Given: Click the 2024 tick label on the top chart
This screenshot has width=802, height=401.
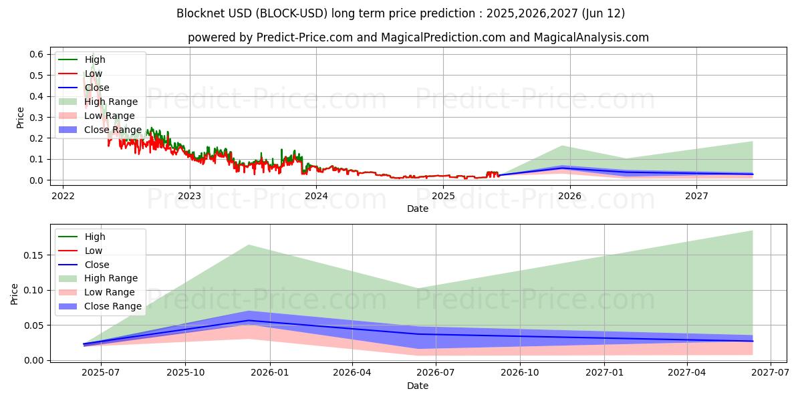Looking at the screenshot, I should pyautogui.click(x=316, y=196).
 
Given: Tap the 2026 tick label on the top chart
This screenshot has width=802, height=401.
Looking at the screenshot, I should pyautogui.click(x=569, y=196).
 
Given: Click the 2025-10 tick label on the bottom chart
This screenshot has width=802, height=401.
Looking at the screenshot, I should pyautogui.click(x=185, y=373).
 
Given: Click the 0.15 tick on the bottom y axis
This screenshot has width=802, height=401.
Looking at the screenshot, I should pyautogui.click(x=34, y=255).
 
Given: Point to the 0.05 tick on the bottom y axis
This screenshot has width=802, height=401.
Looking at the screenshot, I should pyautogui.click(x=34, y=325).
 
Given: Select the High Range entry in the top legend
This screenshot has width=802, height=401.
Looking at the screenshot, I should pyautogui.click(x=111, y=102).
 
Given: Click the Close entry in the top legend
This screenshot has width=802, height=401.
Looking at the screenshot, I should pyautogui.click(x=97, y=88).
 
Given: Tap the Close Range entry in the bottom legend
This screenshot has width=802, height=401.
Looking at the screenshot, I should pyautogui.click(x=113, y=306).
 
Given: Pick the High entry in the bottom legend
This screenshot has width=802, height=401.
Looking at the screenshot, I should pyautogui.click(x=95, y=237).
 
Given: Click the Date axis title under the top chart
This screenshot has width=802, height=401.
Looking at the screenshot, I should pyautogui.click(x=418, y=209).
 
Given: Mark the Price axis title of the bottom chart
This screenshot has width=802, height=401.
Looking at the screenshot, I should pyautogui.click(x=15, y=293).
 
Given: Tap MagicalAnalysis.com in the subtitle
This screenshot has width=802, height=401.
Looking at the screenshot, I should pyautogui.click(x=591, y=37).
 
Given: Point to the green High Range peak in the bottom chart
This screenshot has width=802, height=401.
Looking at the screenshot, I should pyautogui.click(x=249, y=245).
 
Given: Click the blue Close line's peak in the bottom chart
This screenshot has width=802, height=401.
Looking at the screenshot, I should pyautogui.click(x=249, y=321).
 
